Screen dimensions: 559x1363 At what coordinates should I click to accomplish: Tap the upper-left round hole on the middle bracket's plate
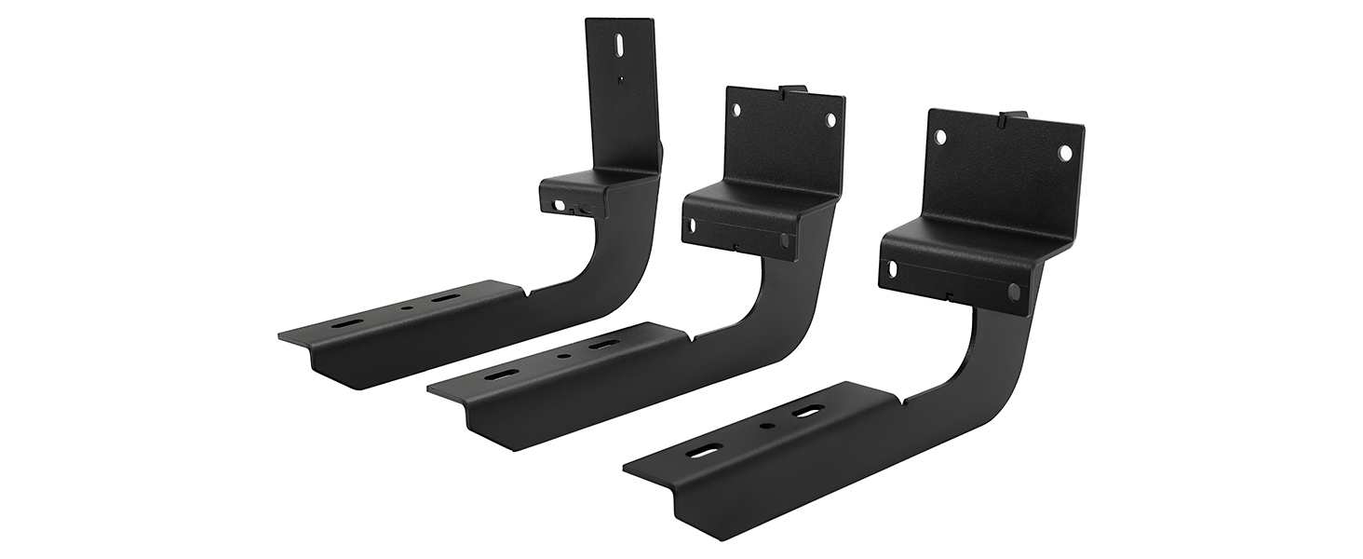tap(737, 110)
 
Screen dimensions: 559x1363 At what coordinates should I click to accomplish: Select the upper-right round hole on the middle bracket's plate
tap(830, 120)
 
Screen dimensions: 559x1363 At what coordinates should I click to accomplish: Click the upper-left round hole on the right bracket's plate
tap(940, 137)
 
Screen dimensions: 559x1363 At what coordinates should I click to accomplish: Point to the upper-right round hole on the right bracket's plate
tap(1065, 151)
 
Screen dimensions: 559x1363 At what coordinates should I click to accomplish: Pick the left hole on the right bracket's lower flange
tap(893, 269)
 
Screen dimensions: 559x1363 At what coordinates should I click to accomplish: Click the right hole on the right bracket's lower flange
tap(1013, 292)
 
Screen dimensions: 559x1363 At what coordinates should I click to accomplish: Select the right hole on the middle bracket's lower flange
tap(784, 240)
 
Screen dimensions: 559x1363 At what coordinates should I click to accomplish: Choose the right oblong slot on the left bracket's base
tap(444, 300)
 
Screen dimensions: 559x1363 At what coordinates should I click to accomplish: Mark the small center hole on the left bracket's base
tap(404, 309)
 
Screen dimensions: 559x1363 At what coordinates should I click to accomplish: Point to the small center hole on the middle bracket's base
tap(562, 357)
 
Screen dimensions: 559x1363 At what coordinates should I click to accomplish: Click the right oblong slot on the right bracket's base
tap(806, 412)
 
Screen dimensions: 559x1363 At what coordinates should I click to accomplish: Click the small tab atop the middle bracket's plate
tap(792, 89)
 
